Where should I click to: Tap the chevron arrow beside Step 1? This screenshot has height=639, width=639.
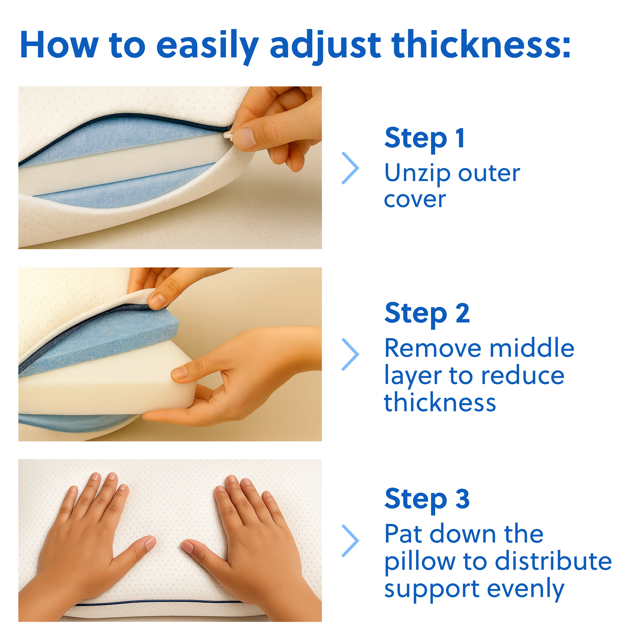coord(351,168)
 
